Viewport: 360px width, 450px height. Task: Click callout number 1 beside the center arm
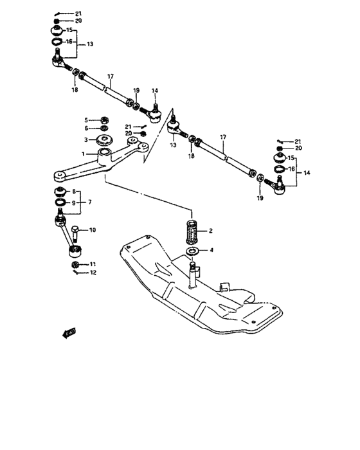84,154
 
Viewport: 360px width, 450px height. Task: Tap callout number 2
210,230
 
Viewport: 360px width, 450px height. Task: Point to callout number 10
93,230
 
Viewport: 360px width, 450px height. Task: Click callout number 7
90,202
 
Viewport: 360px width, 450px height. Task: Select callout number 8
75,192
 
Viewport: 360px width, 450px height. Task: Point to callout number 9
75,203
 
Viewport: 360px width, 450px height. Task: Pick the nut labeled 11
75,264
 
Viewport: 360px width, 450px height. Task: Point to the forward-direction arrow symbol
67,332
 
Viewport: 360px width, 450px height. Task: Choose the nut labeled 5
102,119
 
